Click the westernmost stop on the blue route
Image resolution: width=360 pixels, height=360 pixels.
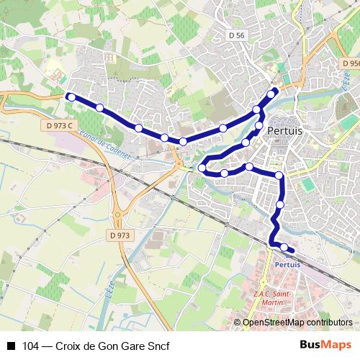[x=70, y=96]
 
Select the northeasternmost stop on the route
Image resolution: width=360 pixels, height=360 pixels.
[x=271, y=93]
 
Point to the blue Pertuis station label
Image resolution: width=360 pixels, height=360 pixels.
[x=287, y=264]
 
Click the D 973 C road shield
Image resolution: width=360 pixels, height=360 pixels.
[x=59, y=125]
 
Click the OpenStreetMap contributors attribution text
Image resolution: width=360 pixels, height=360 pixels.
[x=297, y=323]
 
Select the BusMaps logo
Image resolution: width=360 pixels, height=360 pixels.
[x=327, y=345]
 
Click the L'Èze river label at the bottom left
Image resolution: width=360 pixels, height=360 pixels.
[x=109, y=292]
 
